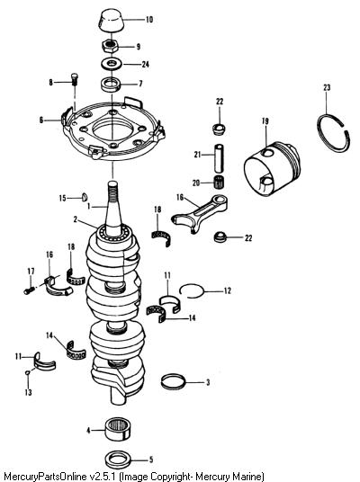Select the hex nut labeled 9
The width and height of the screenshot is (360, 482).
coord(109,47)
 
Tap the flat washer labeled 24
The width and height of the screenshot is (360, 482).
coord(111,64)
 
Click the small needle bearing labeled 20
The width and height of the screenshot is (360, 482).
coord(219,182)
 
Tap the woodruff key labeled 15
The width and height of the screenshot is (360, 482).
coord(85,197)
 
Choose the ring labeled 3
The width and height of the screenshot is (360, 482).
coord(174,381)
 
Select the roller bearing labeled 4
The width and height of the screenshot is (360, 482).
coord(118,429)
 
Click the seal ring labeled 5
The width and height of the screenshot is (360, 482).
coord(118,460)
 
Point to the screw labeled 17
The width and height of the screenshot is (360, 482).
coord(29,290)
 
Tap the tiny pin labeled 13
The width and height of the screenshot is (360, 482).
coord(27,372)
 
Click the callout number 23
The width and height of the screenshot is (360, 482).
coord(327,87)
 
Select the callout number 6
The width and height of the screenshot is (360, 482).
coord(41,120)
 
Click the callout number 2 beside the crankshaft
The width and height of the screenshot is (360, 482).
coord(76,219)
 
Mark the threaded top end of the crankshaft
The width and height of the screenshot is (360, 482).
coord(112,191)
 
